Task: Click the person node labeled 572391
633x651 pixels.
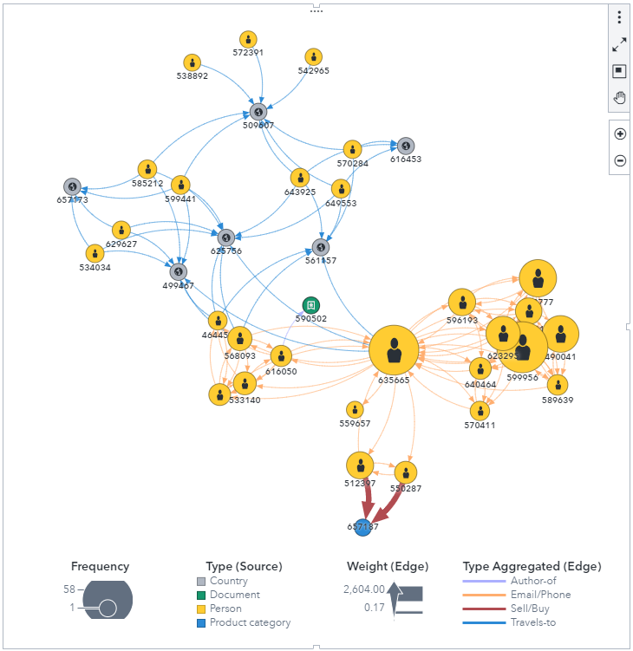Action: tap(248, 40)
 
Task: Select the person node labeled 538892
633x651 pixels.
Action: tap(193, 63)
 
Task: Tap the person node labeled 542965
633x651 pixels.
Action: tap(314, 57)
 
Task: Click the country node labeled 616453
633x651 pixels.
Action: tap(405, 146)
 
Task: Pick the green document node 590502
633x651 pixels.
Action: tap(310, 305)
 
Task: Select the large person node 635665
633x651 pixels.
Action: tap(394, 351)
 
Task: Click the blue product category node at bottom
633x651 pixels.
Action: tap(363, 526)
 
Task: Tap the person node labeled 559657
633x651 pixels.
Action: tap(354, 409)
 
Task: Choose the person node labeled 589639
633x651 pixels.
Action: tap(558, 385)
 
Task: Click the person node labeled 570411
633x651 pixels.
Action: tap(480, 411)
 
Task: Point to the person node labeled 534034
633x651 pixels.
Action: tap(95, 254)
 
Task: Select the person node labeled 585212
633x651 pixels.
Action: tap(147, 170)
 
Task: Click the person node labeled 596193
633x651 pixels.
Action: tap(461, 303)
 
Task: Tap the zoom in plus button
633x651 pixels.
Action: tap(620, 134)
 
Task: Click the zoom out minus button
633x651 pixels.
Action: tap(620, 160)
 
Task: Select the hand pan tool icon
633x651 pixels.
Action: tap(620, 97)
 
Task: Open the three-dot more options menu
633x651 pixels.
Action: tap(619, 18)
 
